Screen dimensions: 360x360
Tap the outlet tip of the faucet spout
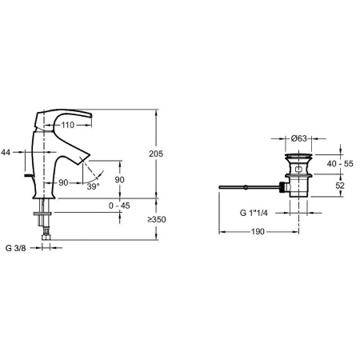coord(82,162)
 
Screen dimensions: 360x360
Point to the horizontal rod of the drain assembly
coord(248,189)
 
